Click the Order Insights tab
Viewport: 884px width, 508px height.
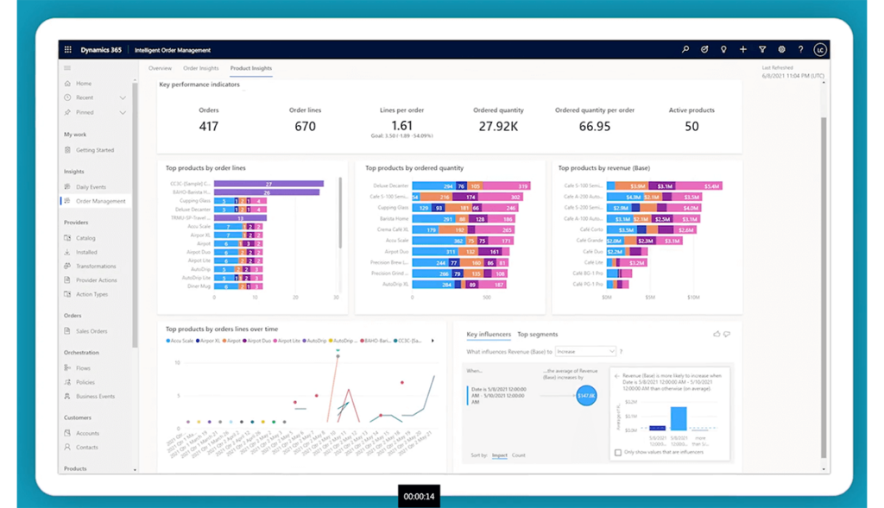(200, 68)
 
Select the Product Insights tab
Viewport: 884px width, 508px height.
(250, 68)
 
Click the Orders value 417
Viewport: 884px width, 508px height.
(208, 126)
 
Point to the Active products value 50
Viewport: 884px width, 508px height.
(691, 126)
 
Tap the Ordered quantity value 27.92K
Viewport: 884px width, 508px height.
(498, 126)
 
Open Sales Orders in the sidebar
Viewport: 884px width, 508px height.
(92, 331)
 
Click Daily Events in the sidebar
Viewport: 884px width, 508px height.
(91, 187)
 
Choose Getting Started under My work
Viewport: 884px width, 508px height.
(95, 150)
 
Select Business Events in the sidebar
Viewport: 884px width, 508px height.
(95, 396)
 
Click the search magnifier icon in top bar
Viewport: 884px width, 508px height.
(685, 50)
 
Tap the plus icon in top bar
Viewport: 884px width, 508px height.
(743, 50)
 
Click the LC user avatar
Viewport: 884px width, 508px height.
(819, 50)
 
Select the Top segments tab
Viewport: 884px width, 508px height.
(537, 335)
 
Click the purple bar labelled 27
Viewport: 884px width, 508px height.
(268, 184)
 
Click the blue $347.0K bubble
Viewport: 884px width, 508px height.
(586, 395)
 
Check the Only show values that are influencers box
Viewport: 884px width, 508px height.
(617, 452)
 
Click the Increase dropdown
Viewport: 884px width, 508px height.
(586, 352)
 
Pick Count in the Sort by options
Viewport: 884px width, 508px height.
(518, 455)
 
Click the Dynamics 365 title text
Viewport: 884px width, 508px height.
(101, 50)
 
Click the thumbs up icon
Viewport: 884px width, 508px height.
(717, 334)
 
